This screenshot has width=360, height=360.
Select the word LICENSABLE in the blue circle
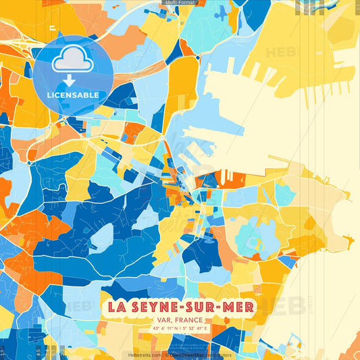point(72,95)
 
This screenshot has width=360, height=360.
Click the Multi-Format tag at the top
point(180,3)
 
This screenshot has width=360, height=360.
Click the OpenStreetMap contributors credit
point(200,355)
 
